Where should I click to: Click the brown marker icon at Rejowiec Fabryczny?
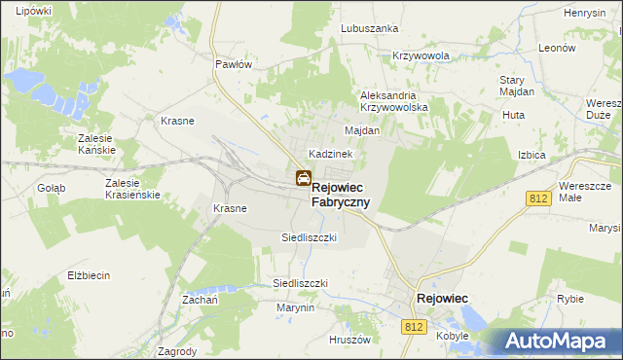pyautogui.click(x=303, y=178)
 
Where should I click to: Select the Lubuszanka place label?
pyautogui.click(x=370, y=28)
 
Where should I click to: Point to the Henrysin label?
pyautogui.click(x=585, y=13)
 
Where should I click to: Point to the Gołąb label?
pyautogui.click(x=51, y=188)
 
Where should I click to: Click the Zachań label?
pyautogui.click(x=198, y=301)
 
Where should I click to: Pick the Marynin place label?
pyautogui.click(x=295, y=307)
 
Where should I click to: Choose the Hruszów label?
pyautogui.click(x=350, y=340)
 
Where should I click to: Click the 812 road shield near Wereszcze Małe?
pyautogui.click(x=540, y=198)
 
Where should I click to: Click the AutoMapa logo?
pyautogui.click(x=561, y=340)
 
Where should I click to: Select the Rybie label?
pyautogui.click(x=570, y=300)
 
